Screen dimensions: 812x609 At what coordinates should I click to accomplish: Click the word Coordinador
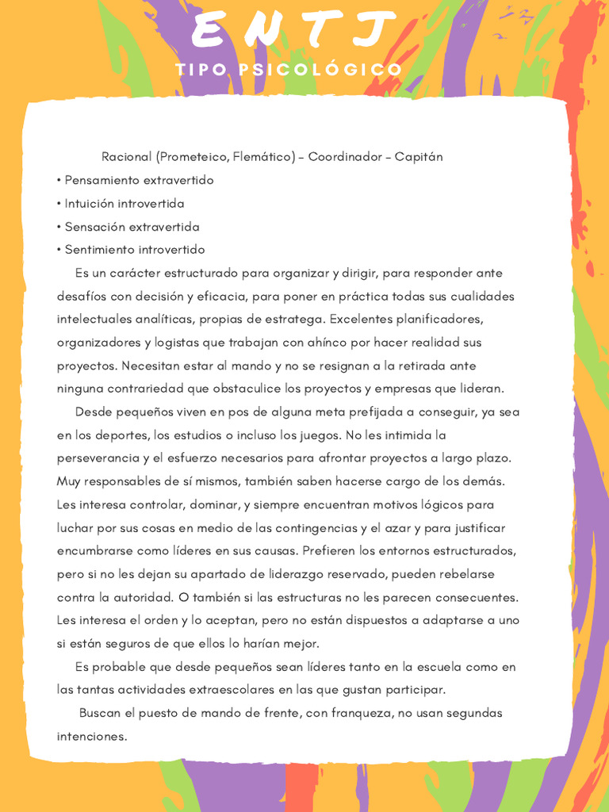pyautogui.click(x=340, y=157)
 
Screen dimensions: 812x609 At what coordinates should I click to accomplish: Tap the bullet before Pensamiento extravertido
pyautogui.click(x=59, y=181)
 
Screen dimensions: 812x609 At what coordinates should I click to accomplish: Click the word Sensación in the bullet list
pyautogui.click(x=94, y=227)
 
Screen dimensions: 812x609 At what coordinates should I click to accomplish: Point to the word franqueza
pyautogui.click(x=361, y=713)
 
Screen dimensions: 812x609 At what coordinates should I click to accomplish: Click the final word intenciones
pyautogui.click(x=91, y=737)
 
